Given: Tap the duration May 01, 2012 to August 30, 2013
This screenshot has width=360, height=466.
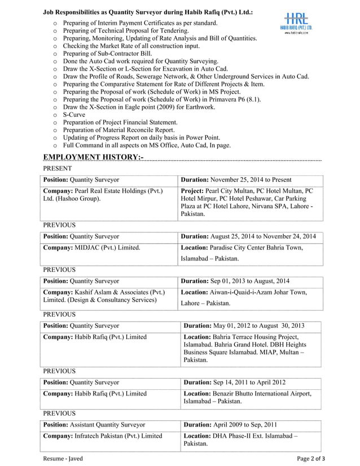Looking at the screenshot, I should [x=244, y=326].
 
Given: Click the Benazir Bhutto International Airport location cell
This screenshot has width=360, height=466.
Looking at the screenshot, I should [x=247, y=397].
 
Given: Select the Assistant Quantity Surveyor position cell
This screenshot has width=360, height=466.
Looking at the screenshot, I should [x=94, y=424].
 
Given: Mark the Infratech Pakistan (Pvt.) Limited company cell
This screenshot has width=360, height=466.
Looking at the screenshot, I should [x=103, y=436].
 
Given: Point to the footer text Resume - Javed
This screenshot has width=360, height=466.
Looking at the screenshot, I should [x=63, y=459].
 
